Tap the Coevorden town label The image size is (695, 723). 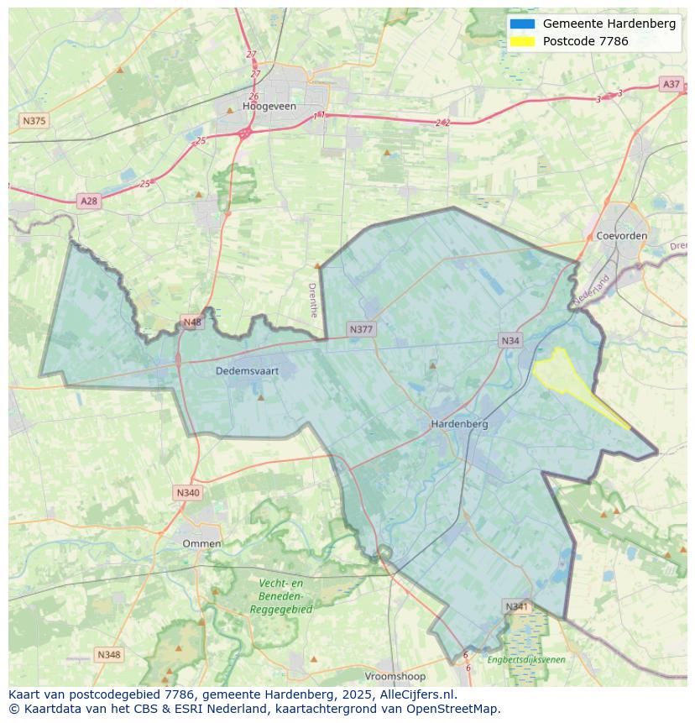tap(621, 236)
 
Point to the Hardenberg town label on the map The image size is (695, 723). tap(459, 424)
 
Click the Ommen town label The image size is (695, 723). tap(201, 543)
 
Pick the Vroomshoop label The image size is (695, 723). tap(395, 676)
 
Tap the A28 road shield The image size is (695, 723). tap(88, 201)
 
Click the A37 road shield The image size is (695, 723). tap(671, 84)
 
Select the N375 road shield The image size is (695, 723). tap(34, 121)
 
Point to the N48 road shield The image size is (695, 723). tap(192, 322)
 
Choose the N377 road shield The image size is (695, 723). tap(361, 329)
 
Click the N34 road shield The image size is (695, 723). tap(510, 340)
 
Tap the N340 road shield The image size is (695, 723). tap(188, 492)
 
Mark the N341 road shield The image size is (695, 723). tap(517, 605)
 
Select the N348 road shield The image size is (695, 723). tap(109, 654)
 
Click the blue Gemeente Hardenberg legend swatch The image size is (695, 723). tap(521, 24)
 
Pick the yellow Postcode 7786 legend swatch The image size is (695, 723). tap(521, 41)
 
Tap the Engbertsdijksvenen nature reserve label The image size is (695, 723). tap(526, 660)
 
